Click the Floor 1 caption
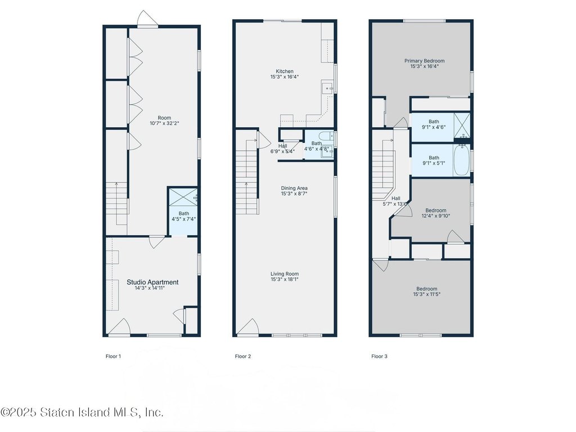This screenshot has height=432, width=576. pyautogui.click(x=113, y=356)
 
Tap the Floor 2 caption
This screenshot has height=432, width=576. pyautogui.click(x=243, y=356)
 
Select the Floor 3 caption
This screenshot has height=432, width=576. pyautogui.click(x=379, y=356)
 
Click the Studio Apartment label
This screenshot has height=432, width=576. pyautogui.click(x=152, y=282)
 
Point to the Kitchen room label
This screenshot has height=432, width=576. pyautogui.click(x=285, y=71)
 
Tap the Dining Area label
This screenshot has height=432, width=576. pyautogui.click(x=294, y=188)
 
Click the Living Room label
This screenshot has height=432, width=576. pyautogui.click(x=285, y=274)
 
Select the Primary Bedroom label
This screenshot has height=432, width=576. pyautogui.click(x=425, y=61)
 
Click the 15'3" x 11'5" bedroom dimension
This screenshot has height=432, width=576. pyautogui.click(x=427, y=294)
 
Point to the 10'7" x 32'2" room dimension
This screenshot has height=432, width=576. pyautogui.click(x=164, y=123)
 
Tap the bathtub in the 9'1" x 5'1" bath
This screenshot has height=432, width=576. pyautogui.click(x=461, y=160)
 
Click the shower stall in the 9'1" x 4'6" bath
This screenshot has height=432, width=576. pyautogui.click(x=462, y=125)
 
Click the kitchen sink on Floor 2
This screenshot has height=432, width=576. pyautogui.click(x=327, y=88)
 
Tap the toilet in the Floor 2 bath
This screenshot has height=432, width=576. pyautogui.click(x=326, y=136)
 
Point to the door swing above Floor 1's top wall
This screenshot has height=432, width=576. pyautogui.click(x=148, y=19)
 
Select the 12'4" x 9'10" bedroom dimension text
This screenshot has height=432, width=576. pyautogui.click(x=436, y=215)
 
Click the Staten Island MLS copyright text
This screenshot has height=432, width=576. pyautogui.click(x=82, y=412)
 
